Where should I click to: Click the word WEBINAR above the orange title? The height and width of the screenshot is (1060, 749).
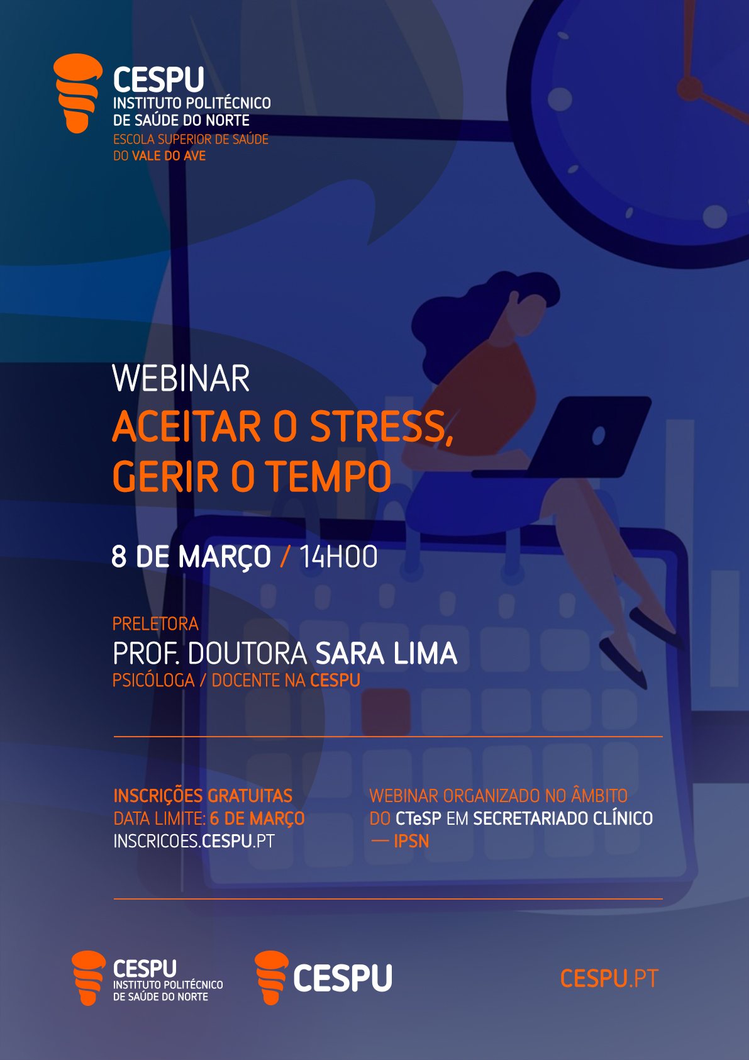point(180,379)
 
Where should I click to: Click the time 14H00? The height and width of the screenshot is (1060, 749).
point(339,556)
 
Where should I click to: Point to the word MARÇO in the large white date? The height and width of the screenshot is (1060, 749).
point(225,557)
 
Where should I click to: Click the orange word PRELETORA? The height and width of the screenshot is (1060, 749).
point(155,623)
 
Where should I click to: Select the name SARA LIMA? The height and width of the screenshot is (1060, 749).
point(386,654)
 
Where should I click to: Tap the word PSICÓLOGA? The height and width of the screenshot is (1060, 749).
point(153,680)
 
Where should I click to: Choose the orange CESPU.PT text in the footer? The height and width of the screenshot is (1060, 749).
point(609,978)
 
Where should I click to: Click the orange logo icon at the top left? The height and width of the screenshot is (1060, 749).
point(77,93)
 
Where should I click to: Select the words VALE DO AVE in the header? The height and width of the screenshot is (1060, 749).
point(169,155)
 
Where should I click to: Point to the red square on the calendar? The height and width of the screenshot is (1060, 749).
point(386,711)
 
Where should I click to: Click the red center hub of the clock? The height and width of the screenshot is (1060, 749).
point(689,87)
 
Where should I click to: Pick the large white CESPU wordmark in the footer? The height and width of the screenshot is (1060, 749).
point(343,978)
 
